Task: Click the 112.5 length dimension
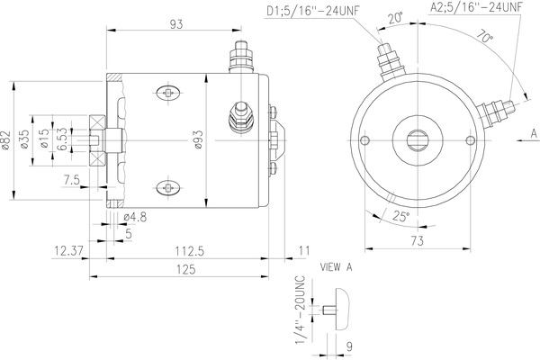point(188,252)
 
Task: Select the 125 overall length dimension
point(188,268)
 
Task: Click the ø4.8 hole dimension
point(135,216)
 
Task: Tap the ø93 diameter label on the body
point(195,141)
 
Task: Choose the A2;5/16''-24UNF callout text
point(476,8)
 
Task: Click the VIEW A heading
point(337,268)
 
